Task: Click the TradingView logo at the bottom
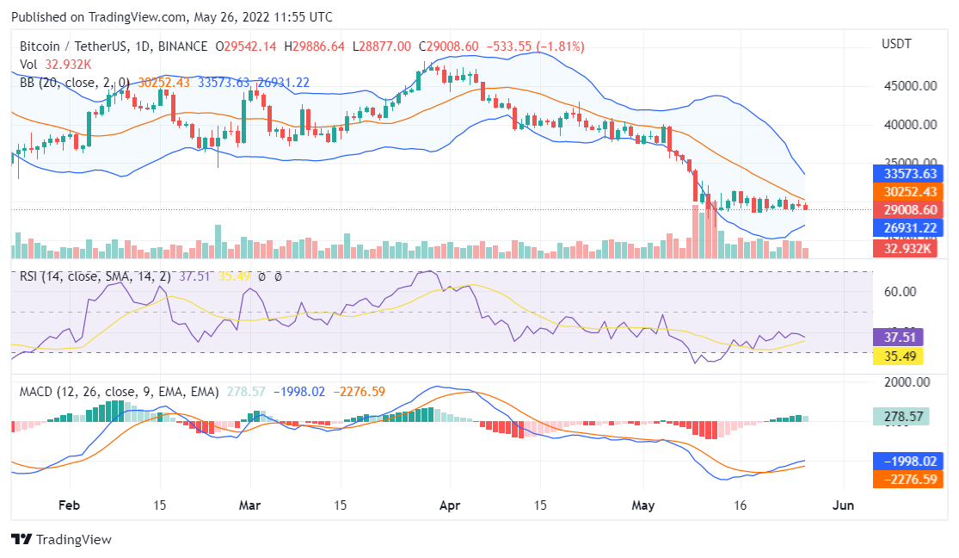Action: (x=61, y=539)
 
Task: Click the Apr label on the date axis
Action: (x=448, y=505)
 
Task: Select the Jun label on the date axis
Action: (x=844, y=505)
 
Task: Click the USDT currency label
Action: (x=897, y=44)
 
